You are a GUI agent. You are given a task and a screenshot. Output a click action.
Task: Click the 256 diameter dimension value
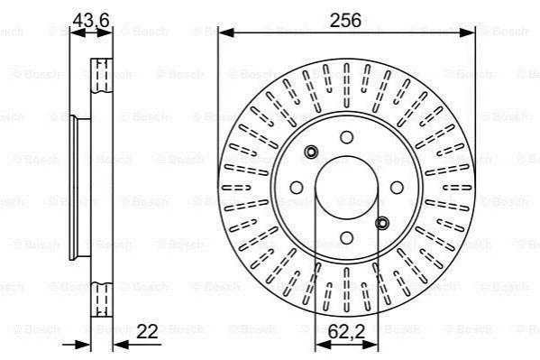345,20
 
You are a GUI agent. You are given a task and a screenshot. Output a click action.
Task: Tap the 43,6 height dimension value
91,20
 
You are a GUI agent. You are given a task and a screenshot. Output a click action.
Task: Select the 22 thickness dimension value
147,331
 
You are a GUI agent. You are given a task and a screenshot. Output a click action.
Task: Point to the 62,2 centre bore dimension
346,331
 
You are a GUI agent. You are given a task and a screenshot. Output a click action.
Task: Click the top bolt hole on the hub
346,137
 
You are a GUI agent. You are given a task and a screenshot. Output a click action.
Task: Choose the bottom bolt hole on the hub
346,237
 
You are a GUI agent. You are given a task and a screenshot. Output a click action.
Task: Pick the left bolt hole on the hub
297,188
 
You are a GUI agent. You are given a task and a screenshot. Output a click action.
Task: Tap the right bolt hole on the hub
397,188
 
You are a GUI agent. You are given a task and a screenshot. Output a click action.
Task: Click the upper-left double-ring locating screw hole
311,152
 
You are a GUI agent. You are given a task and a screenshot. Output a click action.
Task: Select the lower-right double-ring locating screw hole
382,223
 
